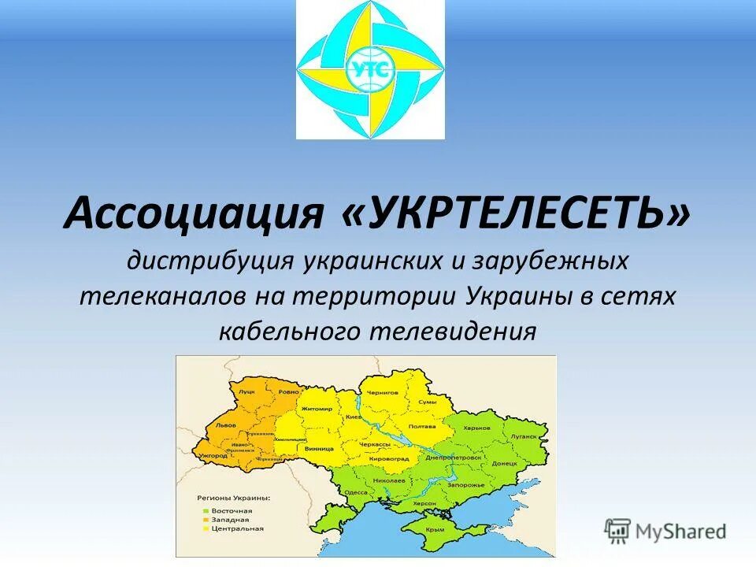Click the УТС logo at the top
[370, 70]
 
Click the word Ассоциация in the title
[195, 213]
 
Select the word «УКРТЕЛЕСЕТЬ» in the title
[516, 213]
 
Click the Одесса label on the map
[356, 492]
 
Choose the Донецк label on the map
[504, 464]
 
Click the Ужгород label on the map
[213, 455]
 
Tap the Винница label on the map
[313, 448]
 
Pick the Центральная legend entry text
[236, 529]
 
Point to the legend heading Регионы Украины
[232, 498]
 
